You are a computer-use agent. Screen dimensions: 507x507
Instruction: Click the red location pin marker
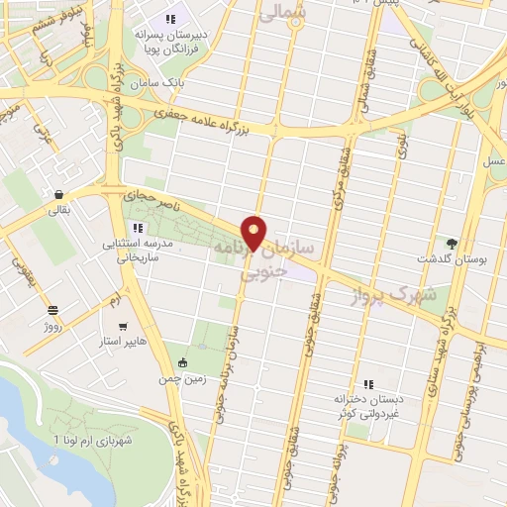coord(255,234)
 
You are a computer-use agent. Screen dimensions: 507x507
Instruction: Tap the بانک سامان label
coord(164,84)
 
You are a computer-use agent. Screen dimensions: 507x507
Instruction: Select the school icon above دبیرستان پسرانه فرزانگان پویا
coord(170,19)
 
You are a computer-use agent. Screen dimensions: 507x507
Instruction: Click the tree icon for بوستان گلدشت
coord(453,243)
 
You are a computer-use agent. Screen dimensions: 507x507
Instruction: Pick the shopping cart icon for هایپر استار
coord(123,327)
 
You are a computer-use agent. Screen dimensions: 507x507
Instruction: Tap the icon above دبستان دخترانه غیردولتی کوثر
coord(367,383)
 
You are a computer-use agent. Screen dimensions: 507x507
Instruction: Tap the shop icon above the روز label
coord(51,309)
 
